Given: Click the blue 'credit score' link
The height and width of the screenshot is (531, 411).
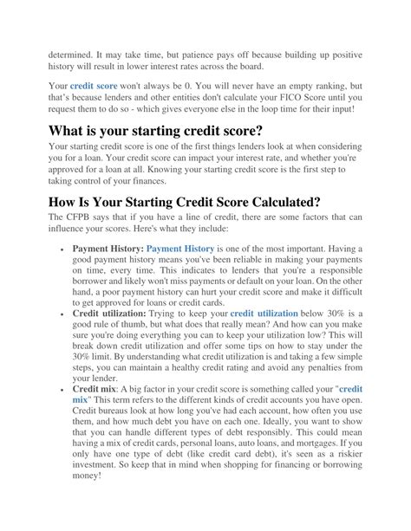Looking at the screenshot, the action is [93, 87].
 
